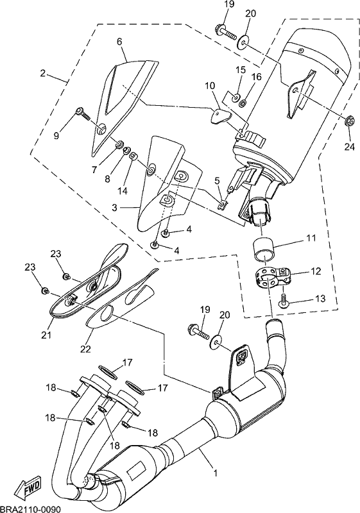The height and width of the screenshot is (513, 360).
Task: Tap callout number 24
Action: coord(350,147)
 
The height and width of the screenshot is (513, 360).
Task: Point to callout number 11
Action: coord(311,238)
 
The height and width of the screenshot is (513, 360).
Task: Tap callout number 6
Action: coord(119,42)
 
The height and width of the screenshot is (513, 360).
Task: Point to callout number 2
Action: coord(42,73)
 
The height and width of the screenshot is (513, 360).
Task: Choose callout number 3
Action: coord(114,207)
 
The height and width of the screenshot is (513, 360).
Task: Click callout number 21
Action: coord(46,335)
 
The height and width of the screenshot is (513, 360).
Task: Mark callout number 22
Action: coord(85,349)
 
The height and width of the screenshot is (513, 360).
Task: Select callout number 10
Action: coord(210,86)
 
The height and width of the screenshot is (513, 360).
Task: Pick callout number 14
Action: coord(123,190)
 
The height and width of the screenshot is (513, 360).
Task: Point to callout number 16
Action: coord(257,77)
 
